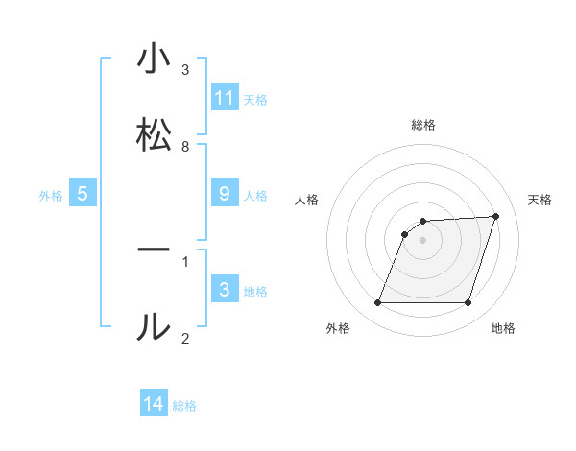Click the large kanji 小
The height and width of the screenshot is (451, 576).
pos(154,59)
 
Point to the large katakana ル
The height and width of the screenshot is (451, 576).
pos(154,327)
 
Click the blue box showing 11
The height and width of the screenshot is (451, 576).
pos(225,98)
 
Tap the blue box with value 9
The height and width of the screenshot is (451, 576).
pos(225,194)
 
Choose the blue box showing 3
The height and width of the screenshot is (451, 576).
pos(225,290)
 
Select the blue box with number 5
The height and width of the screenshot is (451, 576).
pos(83,194)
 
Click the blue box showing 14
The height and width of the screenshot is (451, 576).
pos(154,404)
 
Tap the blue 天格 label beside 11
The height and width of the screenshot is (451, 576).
pos(255,99)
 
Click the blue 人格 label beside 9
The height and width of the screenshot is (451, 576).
pos(255,196)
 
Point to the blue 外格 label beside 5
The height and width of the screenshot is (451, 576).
pos(51,196)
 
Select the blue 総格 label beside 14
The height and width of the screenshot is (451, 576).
pos(184,406)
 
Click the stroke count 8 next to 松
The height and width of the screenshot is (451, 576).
pos(185,146)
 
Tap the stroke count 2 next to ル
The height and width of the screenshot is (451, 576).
pos(185,338)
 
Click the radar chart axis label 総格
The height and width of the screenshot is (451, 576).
pos(423,125)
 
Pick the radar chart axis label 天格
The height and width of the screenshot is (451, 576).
pos(540,200)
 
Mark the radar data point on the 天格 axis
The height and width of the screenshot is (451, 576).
pos(496,217)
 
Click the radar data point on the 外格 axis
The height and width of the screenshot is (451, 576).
pos(377,303)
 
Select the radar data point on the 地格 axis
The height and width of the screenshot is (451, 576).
pos(468,303)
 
